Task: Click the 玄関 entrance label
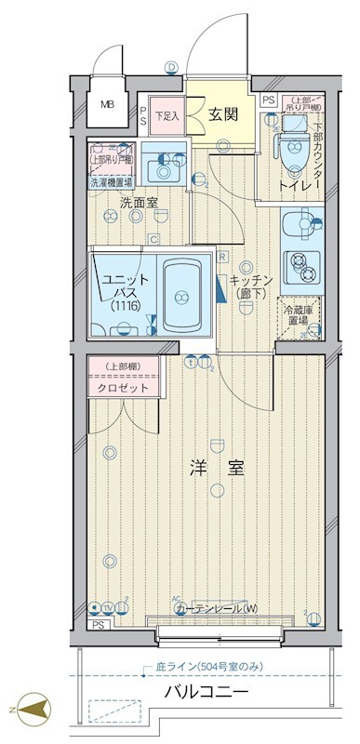pos(220,115)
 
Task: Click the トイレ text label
pos(296,186)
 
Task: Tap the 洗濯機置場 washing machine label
pos(111,183)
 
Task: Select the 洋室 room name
pos(220,468)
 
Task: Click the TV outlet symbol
pos(108,608)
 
